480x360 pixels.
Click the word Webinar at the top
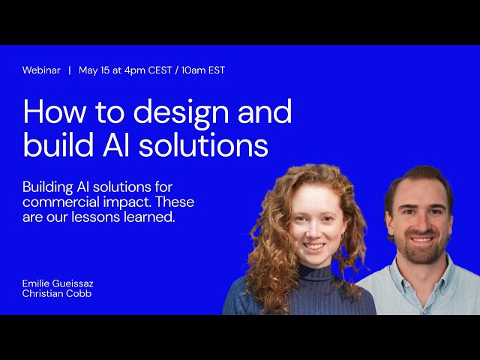point(42,70)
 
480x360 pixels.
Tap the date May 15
point(94,70)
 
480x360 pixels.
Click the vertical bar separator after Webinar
point(70,70)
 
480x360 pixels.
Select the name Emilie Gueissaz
point(58,283)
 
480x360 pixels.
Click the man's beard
point(421,251)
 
